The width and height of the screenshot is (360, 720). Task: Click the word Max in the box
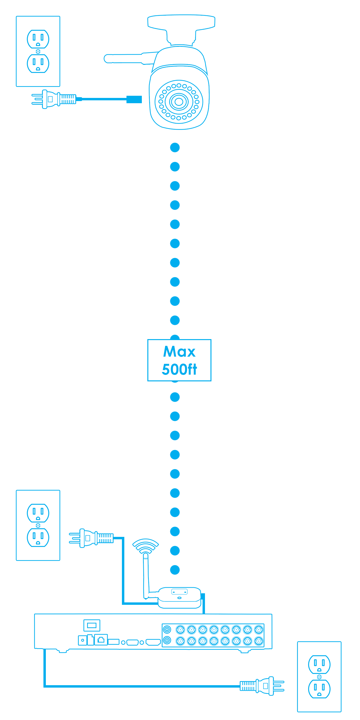179,352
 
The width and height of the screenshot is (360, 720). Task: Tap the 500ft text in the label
179,369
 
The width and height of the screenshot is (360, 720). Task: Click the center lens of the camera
179,102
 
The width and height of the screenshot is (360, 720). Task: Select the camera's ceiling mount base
181,21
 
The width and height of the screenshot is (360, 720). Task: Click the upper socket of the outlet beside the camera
38,39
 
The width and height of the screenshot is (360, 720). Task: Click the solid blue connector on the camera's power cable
134,99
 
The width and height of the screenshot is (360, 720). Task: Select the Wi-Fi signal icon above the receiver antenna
145,545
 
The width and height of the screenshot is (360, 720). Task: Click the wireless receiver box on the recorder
180,597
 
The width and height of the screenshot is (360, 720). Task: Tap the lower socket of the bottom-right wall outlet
319,689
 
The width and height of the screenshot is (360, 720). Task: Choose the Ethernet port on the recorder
101,640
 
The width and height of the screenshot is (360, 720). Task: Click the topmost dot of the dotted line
175,148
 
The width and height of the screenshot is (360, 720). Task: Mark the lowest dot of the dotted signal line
175,570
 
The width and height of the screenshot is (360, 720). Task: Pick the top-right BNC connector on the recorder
259,630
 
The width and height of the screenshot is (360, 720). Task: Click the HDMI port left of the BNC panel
153,642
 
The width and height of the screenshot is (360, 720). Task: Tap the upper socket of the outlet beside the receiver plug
38,513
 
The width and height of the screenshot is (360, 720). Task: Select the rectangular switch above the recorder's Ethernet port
92,625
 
